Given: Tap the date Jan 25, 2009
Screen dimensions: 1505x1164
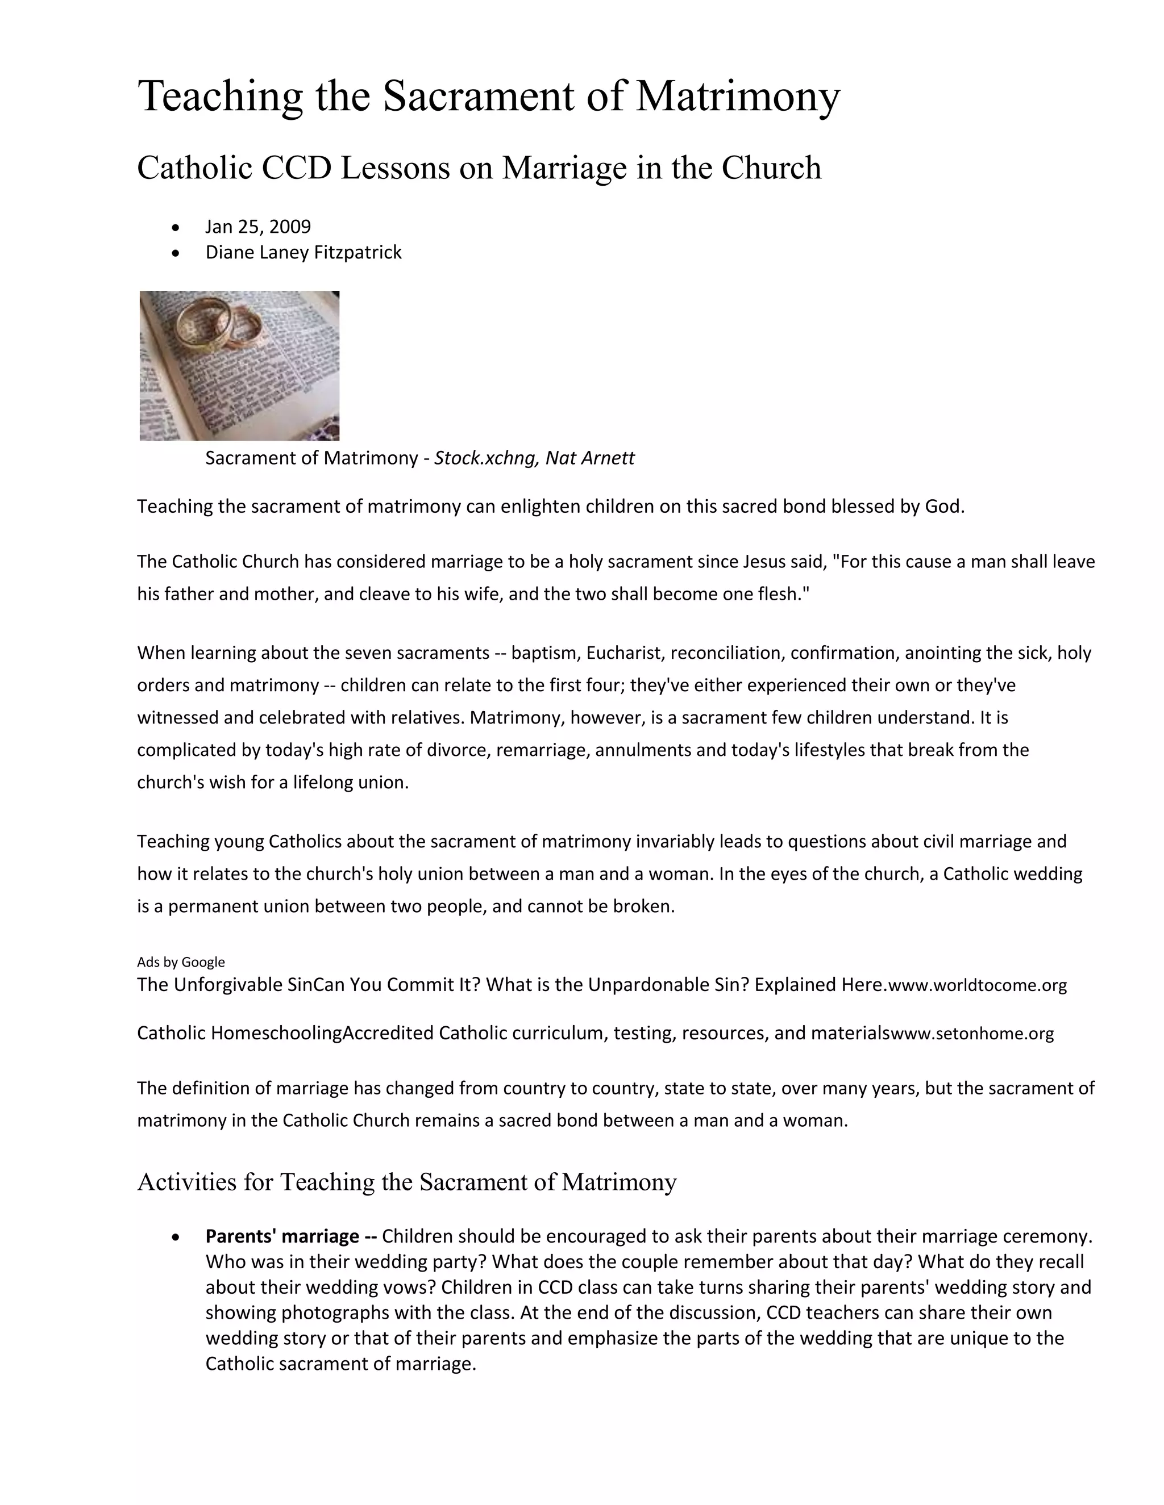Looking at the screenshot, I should click(258, 227).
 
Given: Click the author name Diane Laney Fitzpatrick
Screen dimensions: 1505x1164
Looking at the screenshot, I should click(304, 252).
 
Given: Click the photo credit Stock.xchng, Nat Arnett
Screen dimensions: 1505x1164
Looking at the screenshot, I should click(534, 458).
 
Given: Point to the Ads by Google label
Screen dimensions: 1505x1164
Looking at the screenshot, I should click(181, 962).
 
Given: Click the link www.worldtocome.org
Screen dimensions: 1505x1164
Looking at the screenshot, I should click(978, 985).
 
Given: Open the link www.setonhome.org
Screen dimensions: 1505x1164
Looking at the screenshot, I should click(972, 1034).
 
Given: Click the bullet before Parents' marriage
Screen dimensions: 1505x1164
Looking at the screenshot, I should click(177, 1238).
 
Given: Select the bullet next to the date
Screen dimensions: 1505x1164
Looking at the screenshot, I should click(177, 227).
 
